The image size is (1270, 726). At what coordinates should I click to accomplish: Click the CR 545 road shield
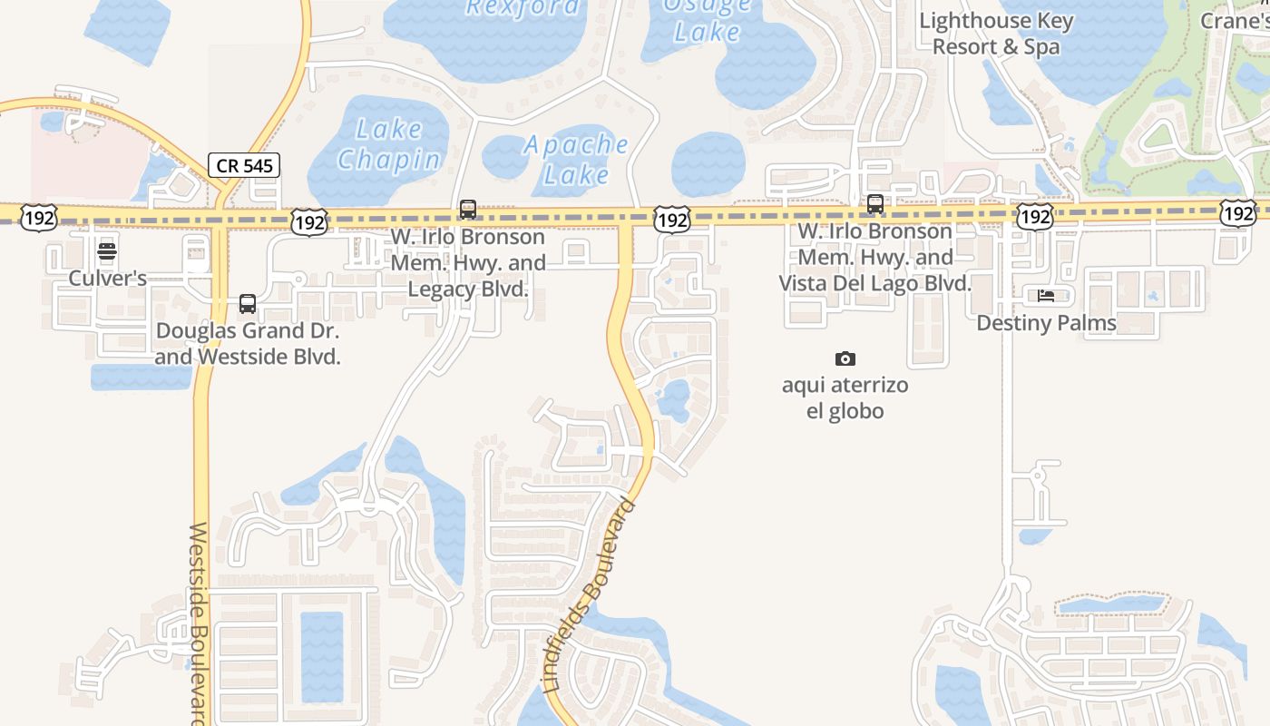pyautogui.click(x=244, y=165)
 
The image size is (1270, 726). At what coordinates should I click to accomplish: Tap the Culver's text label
pyautogui.click(x=108, y=279)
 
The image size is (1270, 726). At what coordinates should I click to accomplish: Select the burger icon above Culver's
pyautogui.click(x=107, y=251)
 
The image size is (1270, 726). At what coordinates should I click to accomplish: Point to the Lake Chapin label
pyautogui.click(x=388, y=145)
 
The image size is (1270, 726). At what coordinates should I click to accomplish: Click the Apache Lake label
pyautogui.click(x=576, y=159)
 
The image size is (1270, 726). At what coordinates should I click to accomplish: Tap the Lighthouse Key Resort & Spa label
pyautogui.click(x=996, y=34)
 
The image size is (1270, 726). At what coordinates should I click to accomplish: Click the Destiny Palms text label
pyautogui.click(x=1046, y=323)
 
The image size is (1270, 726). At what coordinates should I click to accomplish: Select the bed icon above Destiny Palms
pyautogui.click(x=1046, y=296)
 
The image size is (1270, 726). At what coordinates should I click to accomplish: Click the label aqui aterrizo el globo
pyautogui.click(x=845, y=397)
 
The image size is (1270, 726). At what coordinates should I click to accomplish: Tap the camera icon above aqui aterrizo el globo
pyautogui.click(x=845, y=359)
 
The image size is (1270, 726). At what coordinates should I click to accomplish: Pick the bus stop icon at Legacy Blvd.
pyautogui.click(x=468, y=210)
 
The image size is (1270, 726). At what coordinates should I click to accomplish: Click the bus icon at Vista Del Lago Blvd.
pyautogui.click(x=875, y=204)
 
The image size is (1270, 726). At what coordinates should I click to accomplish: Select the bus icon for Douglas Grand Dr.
pyautogui.click(x=248, y=303)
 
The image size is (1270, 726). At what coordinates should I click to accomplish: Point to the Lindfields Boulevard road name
pyautogui.click(x=591, y=595)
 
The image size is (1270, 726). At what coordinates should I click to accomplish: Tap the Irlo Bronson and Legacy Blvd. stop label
pyautogui.click(x=468, y=263)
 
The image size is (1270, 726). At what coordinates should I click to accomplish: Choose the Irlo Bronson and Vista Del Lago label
pyautogui.click(x=875, y=257)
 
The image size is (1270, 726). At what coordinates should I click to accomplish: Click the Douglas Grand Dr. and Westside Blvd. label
pyautogui.click(x=248, y=343)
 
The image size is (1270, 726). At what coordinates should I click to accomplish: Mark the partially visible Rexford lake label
pyautogui.click(x=522, y=8)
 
